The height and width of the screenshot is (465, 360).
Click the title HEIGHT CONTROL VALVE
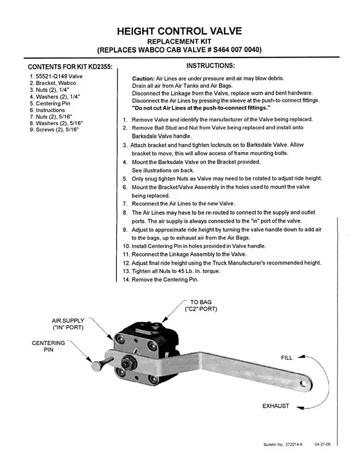[x=180, y=30]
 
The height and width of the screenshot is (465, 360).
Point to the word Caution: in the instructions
[x=143, y=79]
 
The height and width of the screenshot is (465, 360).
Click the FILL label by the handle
[x=286, y=358]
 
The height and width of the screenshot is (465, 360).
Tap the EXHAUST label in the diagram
[x=275, y=405]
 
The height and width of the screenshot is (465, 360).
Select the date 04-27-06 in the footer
[x=323, y=444]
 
